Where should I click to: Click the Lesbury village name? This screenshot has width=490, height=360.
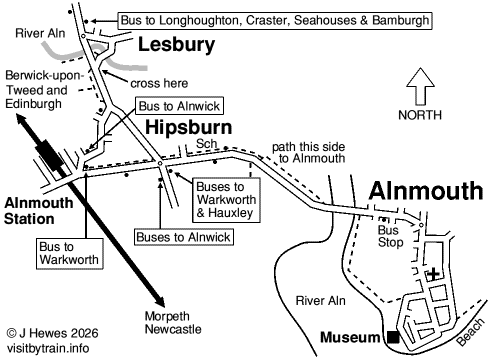point(176,45)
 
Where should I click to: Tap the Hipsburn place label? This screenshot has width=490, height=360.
point(189,128)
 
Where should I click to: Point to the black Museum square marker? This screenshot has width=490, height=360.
point(394,336)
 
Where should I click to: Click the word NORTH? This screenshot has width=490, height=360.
point(421,115)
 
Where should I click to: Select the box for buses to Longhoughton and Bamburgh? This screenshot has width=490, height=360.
point(275,19)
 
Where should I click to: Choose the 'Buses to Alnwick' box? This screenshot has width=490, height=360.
point(183,237)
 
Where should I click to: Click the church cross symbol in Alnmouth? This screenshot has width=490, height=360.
point(432,273)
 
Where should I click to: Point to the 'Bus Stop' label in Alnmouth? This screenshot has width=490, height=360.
point(388,236)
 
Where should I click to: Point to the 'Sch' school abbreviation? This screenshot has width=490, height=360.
point(206,145)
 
